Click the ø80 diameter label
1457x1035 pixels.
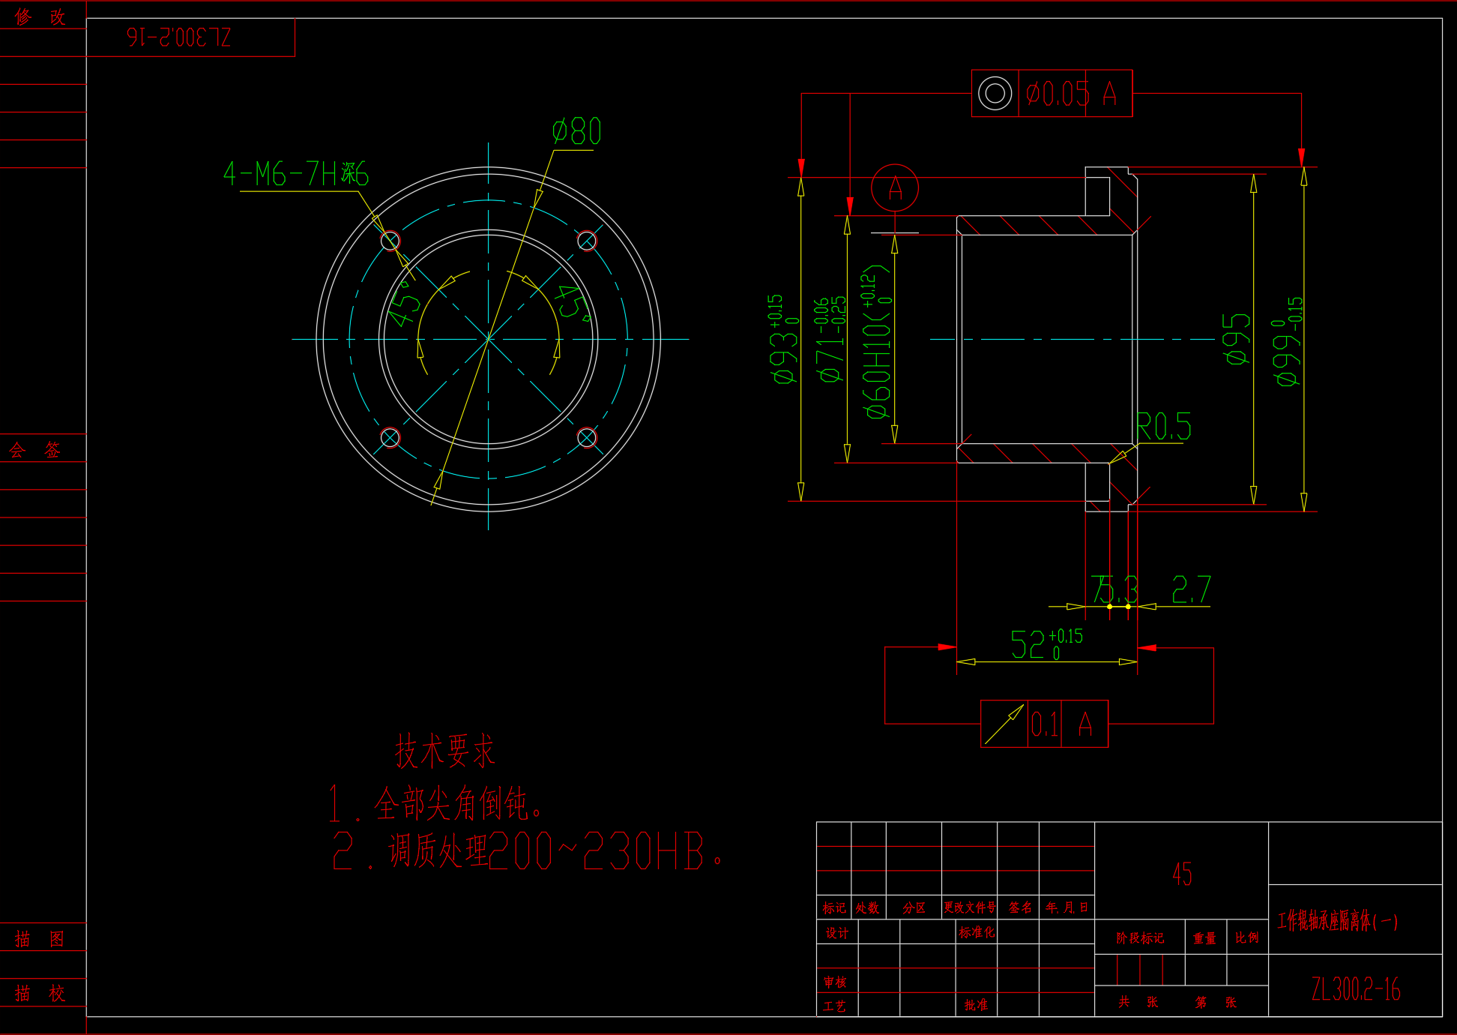(x=576, y=131)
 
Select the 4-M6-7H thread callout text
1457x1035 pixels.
(x=295, y=174)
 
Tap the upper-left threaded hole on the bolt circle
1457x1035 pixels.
(x=390, y=241)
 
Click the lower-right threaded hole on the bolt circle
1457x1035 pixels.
(x=587, y=437)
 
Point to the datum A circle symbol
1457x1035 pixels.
(x=895, y=187)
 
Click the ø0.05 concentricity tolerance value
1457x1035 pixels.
(x=1058, y=94)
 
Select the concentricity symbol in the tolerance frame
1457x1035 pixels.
(x=995, y=94)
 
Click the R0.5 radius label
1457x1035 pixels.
(x=1163, y=427)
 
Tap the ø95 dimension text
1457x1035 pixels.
(x=1237, y=338)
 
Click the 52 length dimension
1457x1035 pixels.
(x=1028, y=644)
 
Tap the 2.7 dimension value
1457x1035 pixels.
(x=1191, y=589)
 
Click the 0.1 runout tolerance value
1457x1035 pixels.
(x=1044, y=724)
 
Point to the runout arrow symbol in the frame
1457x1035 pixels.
(x=1004, y=724)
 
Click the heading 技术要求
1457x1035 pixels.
(x=445, y=751)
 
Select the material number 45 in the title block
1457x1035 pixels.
(x=1182, y=874)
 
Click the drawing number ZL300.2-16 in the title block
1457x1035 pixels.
(x=1355, y=989)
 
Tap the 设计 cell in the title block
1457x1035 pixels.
(x=836, y=933)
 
